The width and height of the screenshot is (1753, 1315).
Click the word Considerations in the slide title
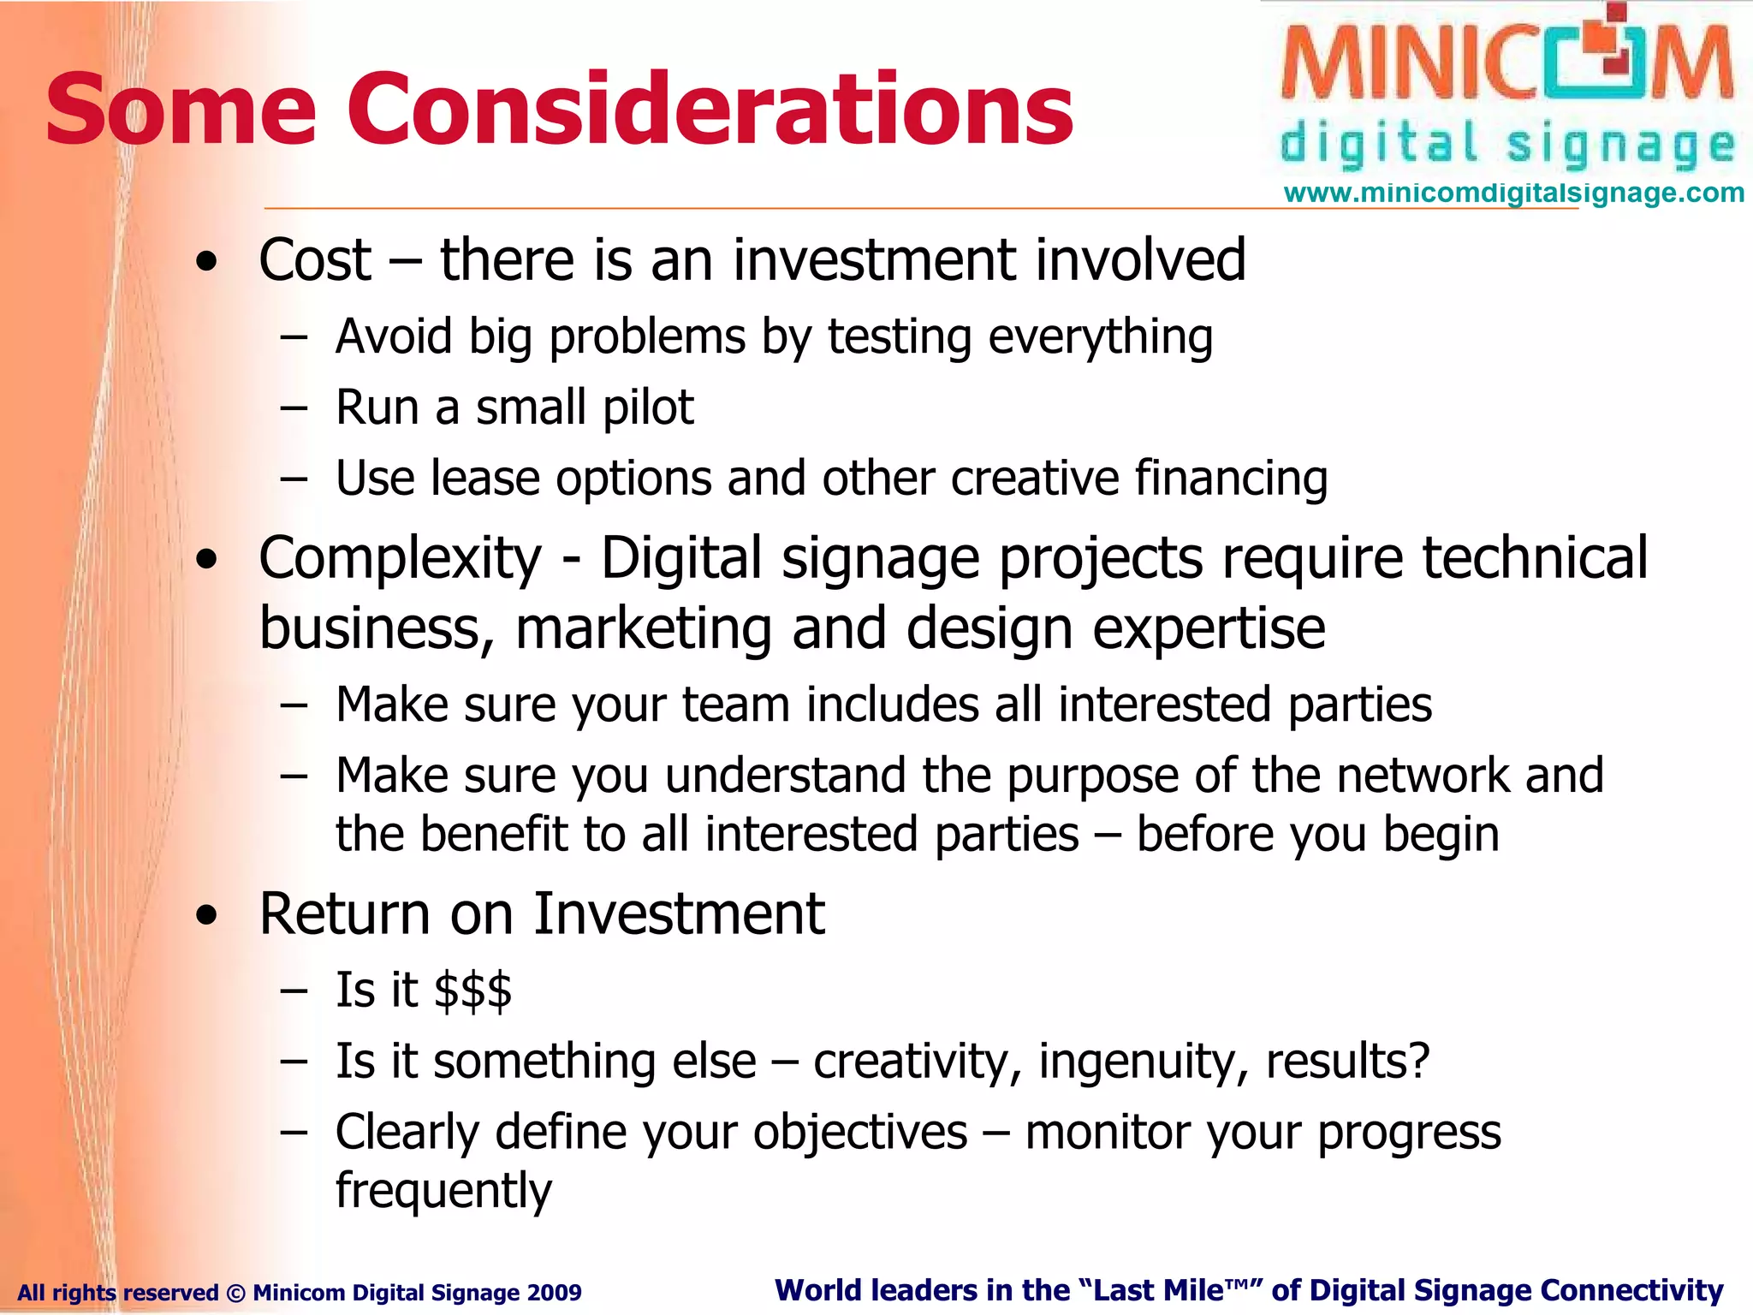pyautogui.click(x=710, y=110)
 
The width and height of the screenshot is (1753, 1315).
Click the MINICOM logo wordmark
pyautogui.click(x=1506, y=64)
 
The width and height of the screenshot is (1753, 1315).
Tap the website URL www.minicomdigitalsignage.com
pyautogui.click(x=1513, y=193)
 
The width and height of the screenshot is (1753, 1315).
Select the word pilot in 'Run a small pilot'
pyautogui.click(x=648, y=408)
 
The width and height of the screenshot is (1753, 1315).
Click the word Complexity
pyautogui.click(x=400, y=559)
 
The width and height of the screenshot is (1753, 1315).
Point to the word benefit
pyautogui.click(x=494, y=834)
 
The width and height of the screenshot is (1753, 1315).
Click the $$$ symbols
pyautogui.click(x=472, y=991)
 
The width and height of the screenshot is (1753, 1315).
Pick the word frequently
pyautogui.click(x=443, y=1191)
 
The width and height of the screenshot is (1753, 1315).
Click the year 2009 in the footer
pyautogui.click(x=555, y=1292)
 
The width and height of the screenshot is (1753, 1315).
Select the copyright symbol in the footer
pyautogui.click(x=235, y=1292)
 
